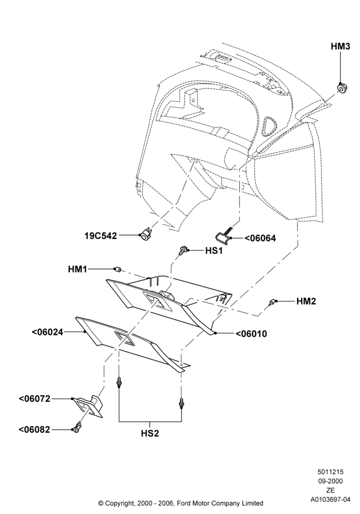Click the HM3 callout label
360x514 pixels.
tap(340, 47)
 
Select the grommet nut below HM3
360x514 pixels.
tap(343, 88)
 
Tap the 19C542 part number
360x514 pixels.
tap(101, 236)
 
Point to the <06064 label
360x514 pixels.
tap(260, 238)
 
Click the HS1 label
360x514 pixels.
tap(214, 251)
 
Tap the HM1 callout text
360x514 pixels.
tap(77, 269)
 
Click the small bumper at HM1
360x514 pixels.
tap(117, 269)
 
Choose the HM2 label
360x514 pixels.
tap(306, 301)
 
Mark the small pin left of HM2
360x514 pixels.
tap(272, 302)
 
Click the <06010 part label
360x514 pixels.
tap(251, 334)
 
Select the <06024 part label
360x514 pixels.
tap(47, 332)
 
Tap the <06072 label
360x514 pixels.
tap(35, 399)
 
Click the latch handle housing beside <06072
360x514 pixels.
tap(88, 407)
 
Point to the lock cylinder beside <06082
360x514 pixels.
tap(77, 428)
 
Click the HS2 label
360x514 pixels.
tap(150, 433)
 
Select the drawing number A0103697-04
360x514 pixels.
tap(331, 500)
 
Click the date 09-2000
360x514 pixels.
tap(331, 481)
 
